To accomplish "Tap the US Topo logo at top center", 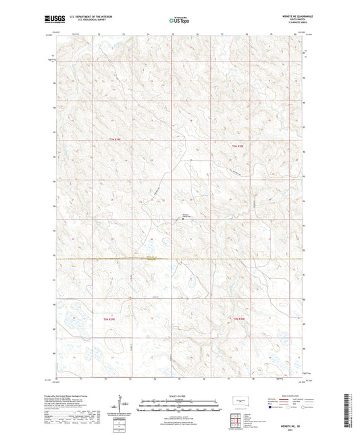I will pyautogui.click(x=179, y=20).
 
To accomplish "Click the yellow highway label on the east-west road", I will pyautogui.click(x=151, y=257).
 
